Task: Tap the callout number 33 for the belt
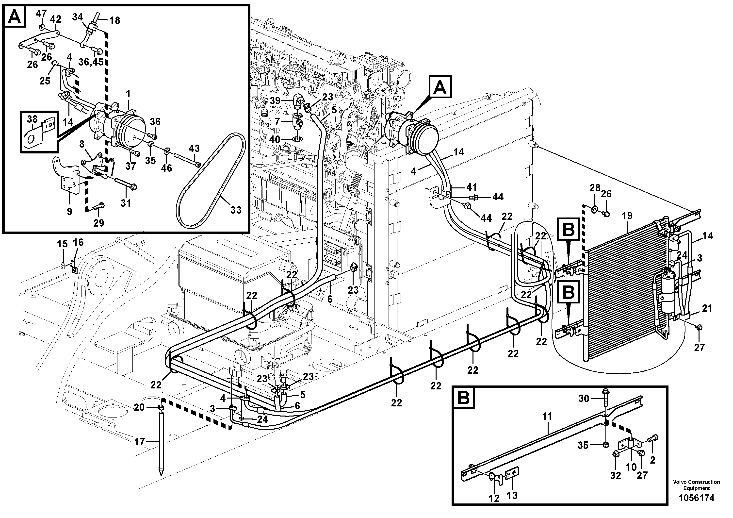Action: [236, 210]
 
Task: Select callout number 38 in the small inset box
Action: [32, 119]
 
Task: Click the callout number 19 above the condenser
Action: [627, 216]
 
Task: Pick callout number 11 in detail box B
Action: [547, 417]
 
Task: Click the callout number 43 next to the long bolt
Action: [194, 149]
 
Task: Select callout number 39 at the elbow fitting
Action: [275, 101]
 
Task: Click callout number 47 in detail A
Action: [41, 14]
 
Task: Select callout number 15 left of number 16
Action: [62, 244]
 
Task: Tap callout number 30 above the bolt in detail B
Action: [584, 398]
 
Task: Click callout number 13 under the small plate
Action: [512, 495]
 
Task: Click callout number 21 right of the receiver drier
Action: [707, 308]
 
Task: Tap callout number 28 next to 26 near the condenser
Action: [595, 188]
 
